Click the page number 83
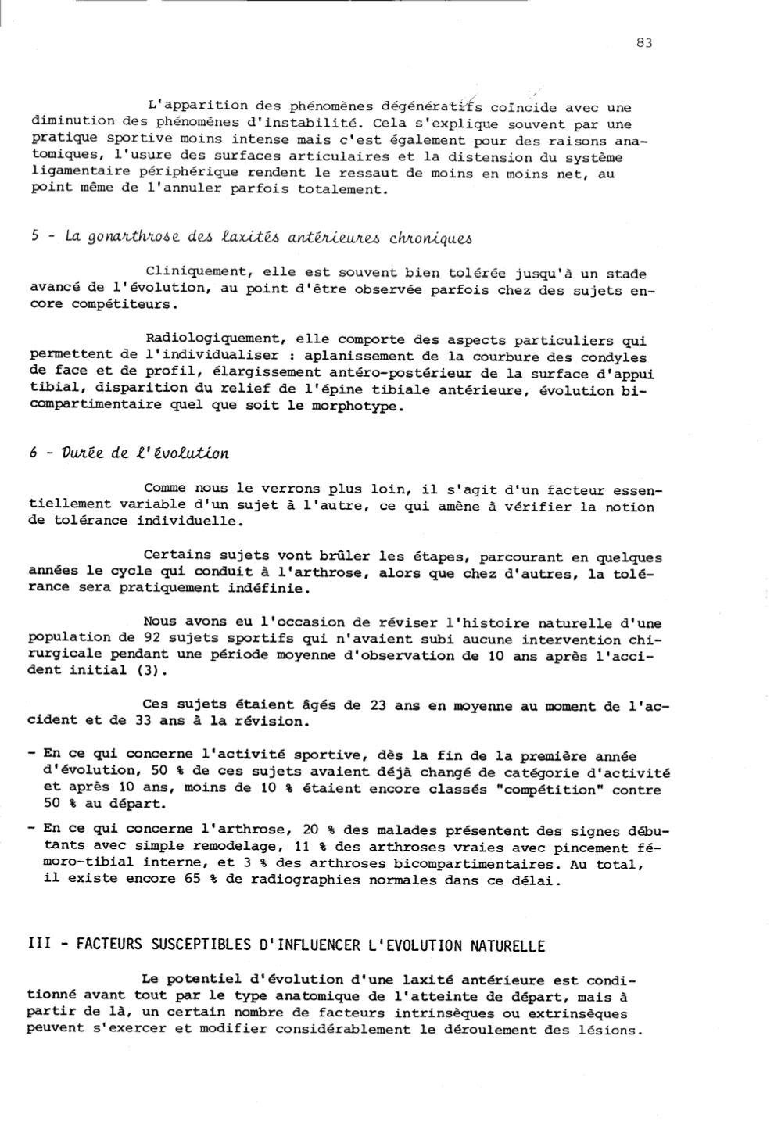(x=644, y=43)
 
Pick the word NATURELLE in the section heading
(x=507, y=945)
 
